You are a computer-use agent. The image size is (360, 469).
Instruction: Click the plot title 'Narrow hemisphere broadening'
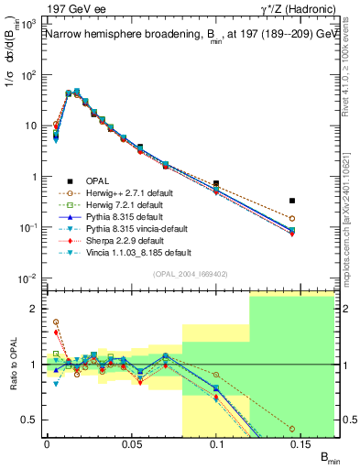click(x=119, y=34)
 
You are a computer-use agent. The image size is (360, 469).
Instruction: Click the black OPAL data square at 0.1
click(x=216, y=183)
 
